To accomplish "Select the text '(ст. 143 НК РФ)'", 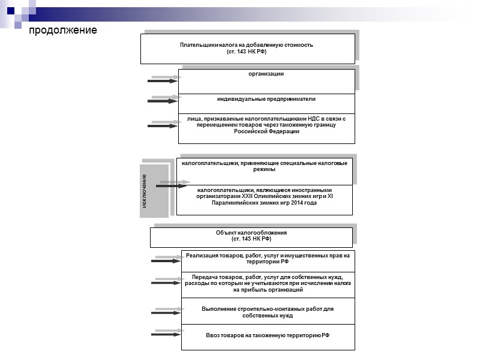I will [x=247, y=52].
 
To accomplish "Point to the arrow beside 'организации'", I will [x=163, y=80].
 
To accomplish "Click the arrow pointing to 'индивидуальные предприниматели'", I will [x=163, y=101].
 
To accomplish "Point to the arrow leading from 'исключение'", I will [x=172, y=185].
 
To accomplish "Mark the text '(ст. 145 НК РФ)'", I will [x=251, y=239].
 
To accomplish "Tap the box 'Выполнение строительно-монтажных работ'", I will [x=267, y=311].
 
